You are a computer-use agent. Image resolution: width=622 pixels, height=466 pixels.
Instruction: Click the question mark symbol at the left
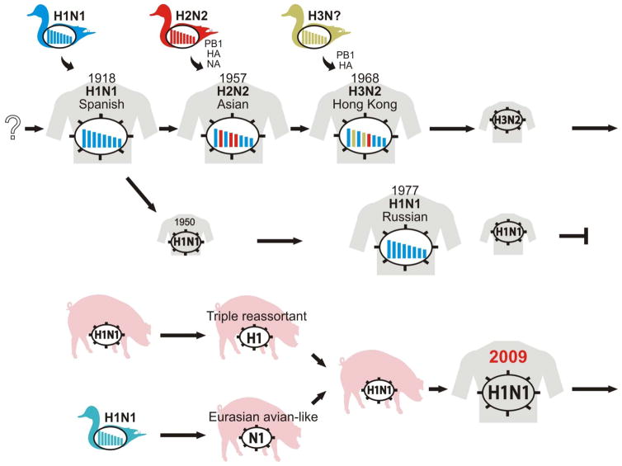[x=12, y=128]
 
